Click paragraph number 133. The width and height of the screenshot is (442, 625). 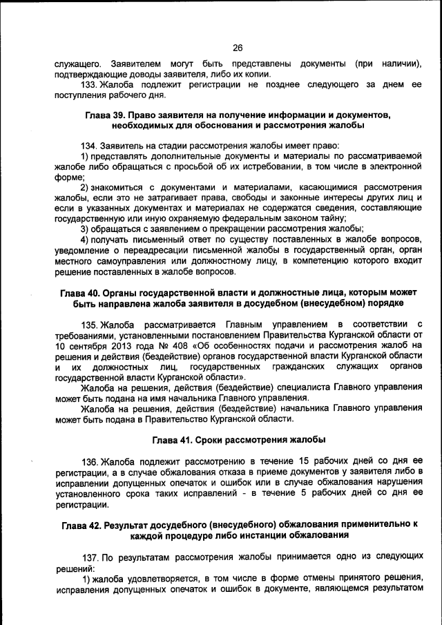pos(90,85)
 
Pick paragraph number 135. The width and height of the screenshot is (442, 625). pos(90,325)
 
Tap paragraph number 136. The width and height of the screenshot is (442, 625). pos(90,461)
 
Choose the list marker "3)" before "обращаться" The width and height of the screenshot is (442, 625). pos(85,229)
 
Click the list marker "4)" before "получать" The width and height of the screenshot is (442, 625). pos(85,240)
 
